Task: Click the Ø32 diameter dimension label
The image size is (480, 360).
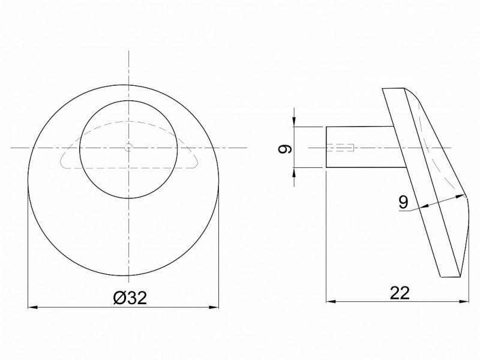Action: point(130,298)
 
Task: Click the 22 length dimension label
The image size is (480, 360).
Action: point(400,293)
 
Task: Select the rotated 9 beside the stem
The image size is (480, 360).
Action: point(285,149)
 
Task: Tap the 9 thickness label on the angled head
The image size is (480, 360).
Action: point(403,203)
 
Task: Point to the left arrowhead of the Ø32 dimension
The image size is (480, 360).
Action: point(32,307)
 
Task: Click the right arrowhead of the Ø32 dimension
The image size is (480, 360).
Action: point(214,307)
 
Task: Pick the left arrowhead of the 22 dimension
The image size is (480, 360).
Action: point(331,301)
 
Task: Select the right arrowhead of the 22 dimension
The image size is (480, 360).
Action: point(464,301)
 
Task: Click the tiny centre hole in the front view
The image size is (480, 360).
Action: point(128,148)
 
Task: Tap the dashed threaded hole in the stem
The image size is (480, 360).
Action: point(340,148)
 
